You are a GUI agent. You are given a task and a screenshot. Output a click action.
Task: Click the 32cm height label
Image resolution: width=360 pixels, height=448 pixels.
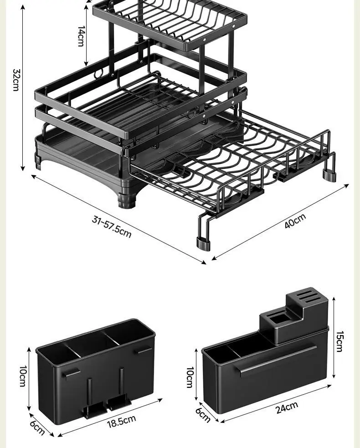(16, 80)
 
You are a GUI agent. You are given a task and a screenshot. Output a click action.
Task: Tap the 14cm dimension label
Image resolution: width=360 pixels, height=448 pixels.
(81, 36)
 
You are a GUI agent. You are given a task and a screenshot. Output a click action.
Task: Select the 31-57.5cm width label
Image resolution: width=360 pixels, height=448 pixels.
(112, 227)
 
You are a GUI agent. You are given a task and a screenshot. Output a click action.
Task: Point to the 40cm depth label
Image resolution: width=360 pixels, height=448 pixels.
(295, 220)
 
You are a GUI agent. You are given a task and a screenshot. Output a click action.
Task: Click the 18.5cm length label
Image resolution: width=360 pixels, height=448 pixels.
(122, 422)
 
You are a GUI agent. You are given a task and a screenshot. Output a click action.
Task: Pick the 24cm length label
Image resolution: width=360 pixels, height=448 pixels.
(287, 408)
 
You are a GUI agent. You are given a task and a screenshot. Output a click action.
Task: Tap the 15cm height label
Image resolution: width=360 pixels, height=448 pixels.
(339, 341)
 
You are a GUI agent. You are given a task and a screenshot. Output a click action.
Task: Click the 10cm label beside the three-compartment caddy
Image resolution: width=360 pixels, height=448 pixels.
(23, 376)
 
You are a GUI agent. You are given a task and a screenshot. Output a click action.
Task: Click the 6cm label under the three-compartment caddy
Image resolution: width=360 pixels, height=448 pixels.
(37, 428)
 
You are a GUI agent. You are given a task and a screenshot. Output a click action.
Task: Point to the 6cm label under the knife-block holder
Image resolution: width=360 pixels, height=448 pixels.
(203, 415)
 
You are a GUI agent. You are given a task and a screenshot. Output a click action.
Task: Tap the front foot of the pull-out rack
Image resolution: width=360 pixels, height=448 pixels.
(203, 244)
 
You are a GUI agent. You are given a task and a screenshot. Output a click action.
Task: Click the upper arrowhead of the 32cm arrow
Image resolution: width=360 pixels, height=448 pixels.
(23, 7)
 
